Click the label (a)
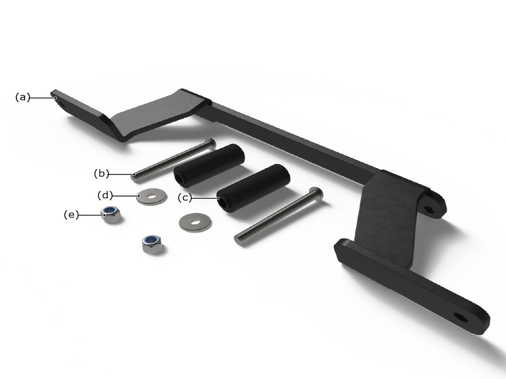click(23, 97)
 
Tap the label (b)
click(101, 174)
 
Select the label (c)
click(185, 197)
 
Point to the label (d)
click(105, 195)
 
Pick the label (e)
click(71, 214)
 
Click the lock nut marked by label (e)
click(111, 214)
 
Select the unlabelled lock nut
click(152, 244)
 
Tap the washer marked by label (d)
click(151, 196)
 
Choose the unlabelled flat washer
click(195, 222)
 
